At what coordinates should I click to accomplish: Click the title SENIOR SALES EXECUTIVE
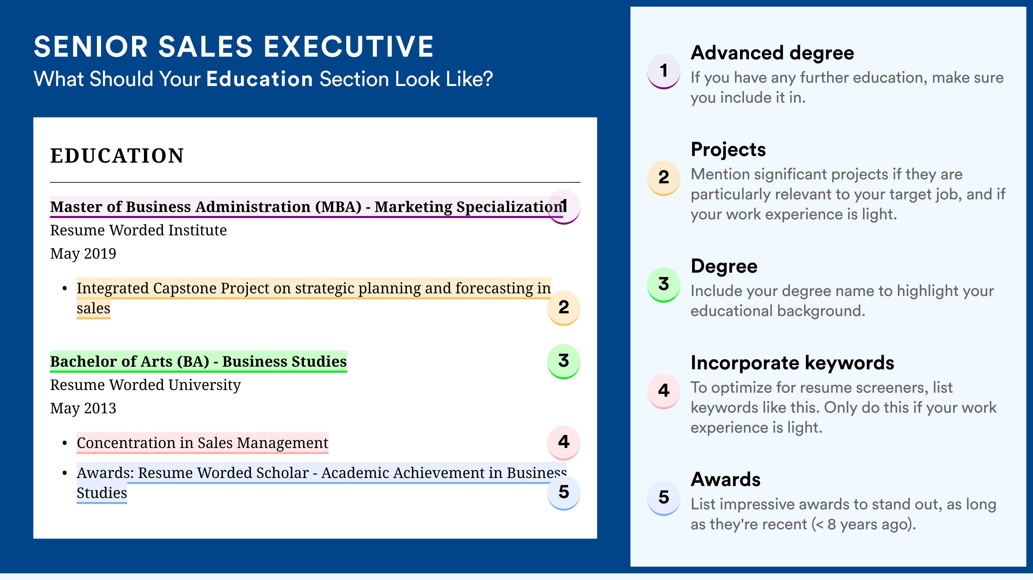click(x=233, y=47)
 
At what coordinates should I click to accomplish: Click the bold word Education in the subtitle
click(x=260, y=79)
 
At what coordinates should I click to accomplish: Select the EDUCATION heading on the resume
click(x=117, y=156)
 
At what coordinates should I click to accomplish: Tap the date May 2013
click(x=83, y=408)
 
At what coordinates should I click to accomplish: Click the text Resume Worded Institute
click(x=138, y=230)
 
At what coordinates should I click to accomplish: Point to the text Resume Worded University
click(x=145, y=385)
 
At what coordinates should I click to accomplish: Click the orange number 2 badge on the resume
click(x=563, y=308)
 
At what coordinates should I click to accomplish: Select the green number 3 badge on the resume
click(x=563, y=361)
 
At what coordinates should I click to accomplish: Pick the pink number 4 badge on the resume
click(x=563, y=442)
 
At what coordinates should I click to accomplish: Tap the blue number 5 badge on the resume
click(x=563, y=493)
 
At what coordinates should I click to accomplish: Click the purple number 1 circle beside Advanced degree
click(x=664, y=71)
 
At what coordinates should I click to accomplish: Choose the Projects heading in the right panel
click(x=728, y=150)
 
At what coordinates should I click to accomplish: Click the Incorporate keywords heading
click(x=792, y=363)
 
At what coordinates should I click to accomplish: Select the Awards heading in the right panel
click(x=725, y=479)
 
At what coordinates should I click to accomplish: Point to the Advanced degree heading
click(x=772, y=53)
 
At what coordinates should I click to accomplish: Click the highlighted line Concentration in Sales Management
click(x=203, y=443)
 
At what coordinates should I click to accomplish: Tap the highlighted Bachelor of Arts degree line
click(x=199, y=361)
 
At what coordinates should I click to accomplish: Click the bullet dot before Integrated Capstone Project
click(x=65, y=289)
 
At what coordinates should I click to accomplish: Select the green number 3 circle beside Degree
click(x=664, y=285)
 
